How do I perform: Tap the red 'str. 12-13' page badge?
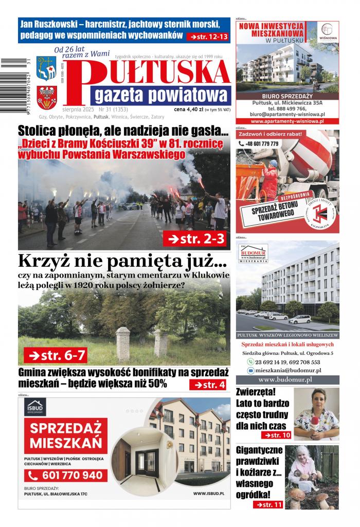click(208, 37)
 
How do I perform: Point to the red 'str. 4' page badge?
click(209, 385)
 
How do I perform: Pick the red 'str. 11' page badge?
click(268, 504)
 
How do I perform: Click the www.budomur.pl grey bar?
click(287, 380)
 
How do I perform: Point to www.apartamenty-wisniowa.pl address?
click(287, 121)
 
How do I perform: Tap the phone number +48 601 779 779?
click(262, 144)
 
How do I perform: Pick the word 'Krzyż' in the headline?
click(44, 261)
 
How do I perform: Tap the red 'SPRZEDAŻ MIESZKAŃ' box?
click(65, 435)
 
